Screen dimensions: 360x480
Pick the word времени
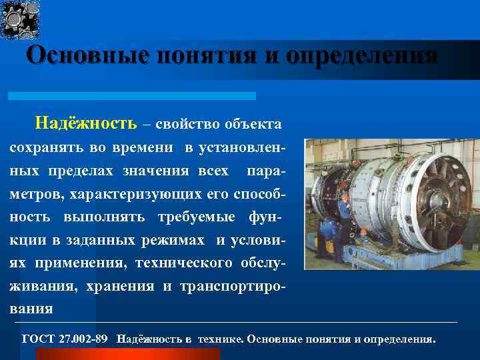[x=146, y=147]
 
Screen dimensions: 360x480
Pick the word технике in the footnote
[x=220, y=339]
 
